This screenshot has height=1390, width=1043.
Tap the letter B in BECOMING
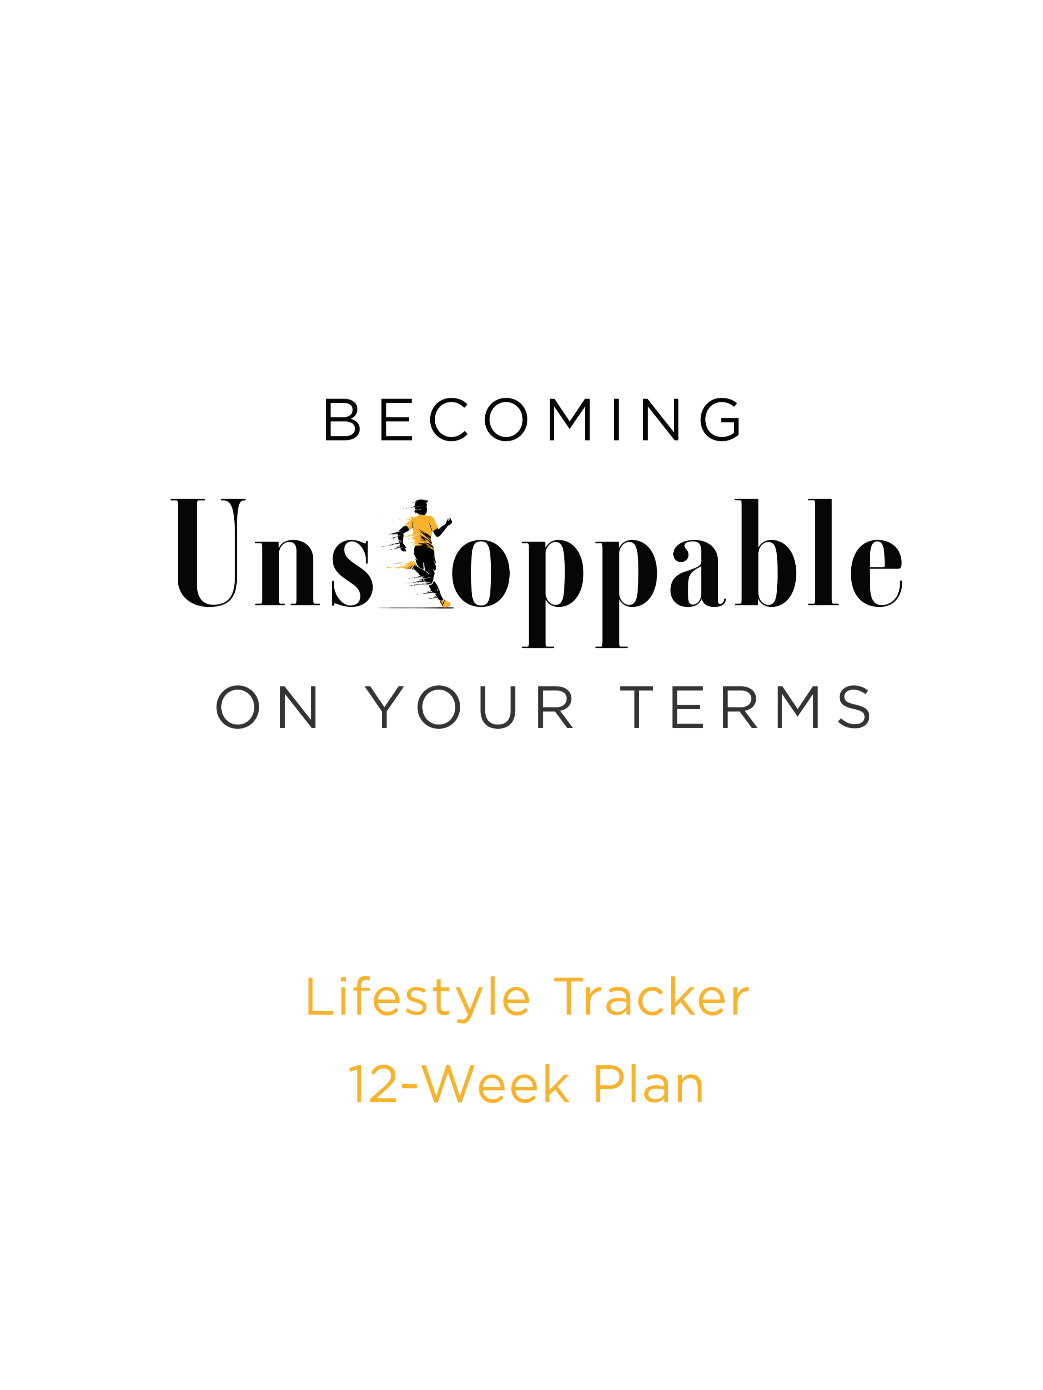coord(341,419)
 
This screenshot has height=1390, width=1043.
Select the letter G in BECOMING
coord(720,419)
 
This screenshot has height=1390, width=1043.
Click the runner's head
coord(421,507)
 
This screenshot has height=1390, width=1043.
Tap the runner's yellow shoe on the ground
coord(446,604)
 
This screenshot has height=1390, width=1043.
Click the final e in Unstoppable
coord(876,573)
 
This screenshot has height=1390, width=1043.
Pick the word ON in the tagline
coord(267,707)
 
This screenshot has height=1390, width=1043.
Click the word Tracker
coord(651,998)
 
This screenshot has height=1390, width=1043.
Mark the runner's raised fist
coord(448,521)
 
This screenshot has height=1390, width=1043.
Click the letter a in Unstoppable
coord(696,573)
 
